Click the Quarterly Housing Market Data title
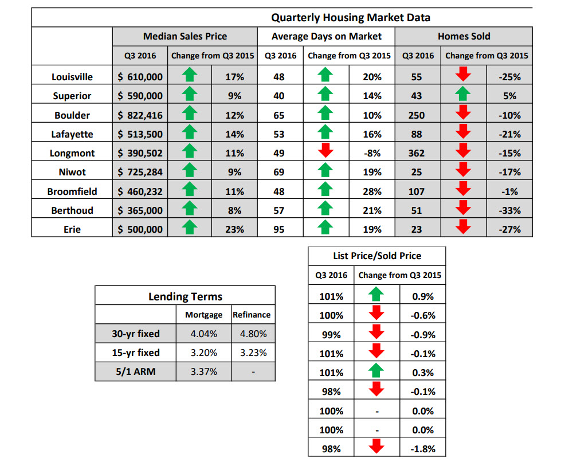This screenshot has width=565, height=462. [351, 18]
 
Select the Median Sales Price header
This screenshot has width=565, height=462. [185, 36]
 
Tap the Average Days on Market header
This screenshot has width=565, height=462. [327, 36]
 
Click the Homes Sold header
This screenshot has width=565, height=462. [464, 36]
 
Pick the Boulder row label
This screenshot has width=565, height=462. [72, 115]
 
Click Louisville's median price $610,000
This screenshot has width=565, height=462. [140, 77]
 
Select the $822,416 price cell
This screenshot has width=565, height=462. [140, 115]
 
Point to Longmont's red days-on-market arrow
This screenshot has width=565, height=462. [325, 150]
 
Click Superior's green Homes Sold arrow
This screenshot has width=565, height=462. [462, 93]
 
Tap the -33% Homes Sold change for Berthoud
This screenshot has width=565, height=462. [509, 210]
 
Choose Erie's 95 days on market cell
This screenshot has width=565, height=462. [279, 229]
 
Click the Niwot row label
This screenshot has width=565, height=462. [72, 173]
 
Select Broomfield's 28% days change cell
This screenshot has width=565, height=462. [372, 191]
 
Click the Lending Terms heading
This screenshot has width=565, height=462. [185, 296]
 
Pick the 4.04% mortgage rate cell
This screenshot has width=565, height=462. [203, 334]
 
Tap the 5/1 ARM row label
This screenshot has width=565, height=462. [135, 371]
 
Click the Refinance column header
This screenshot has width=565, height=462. [252, 315]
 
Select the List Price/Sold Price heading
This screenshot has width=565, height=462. [377, 256]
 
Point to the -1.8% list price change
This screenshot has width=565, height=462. [423, 449]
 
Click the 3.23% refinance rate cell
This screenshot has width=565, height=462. [253, 353]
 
